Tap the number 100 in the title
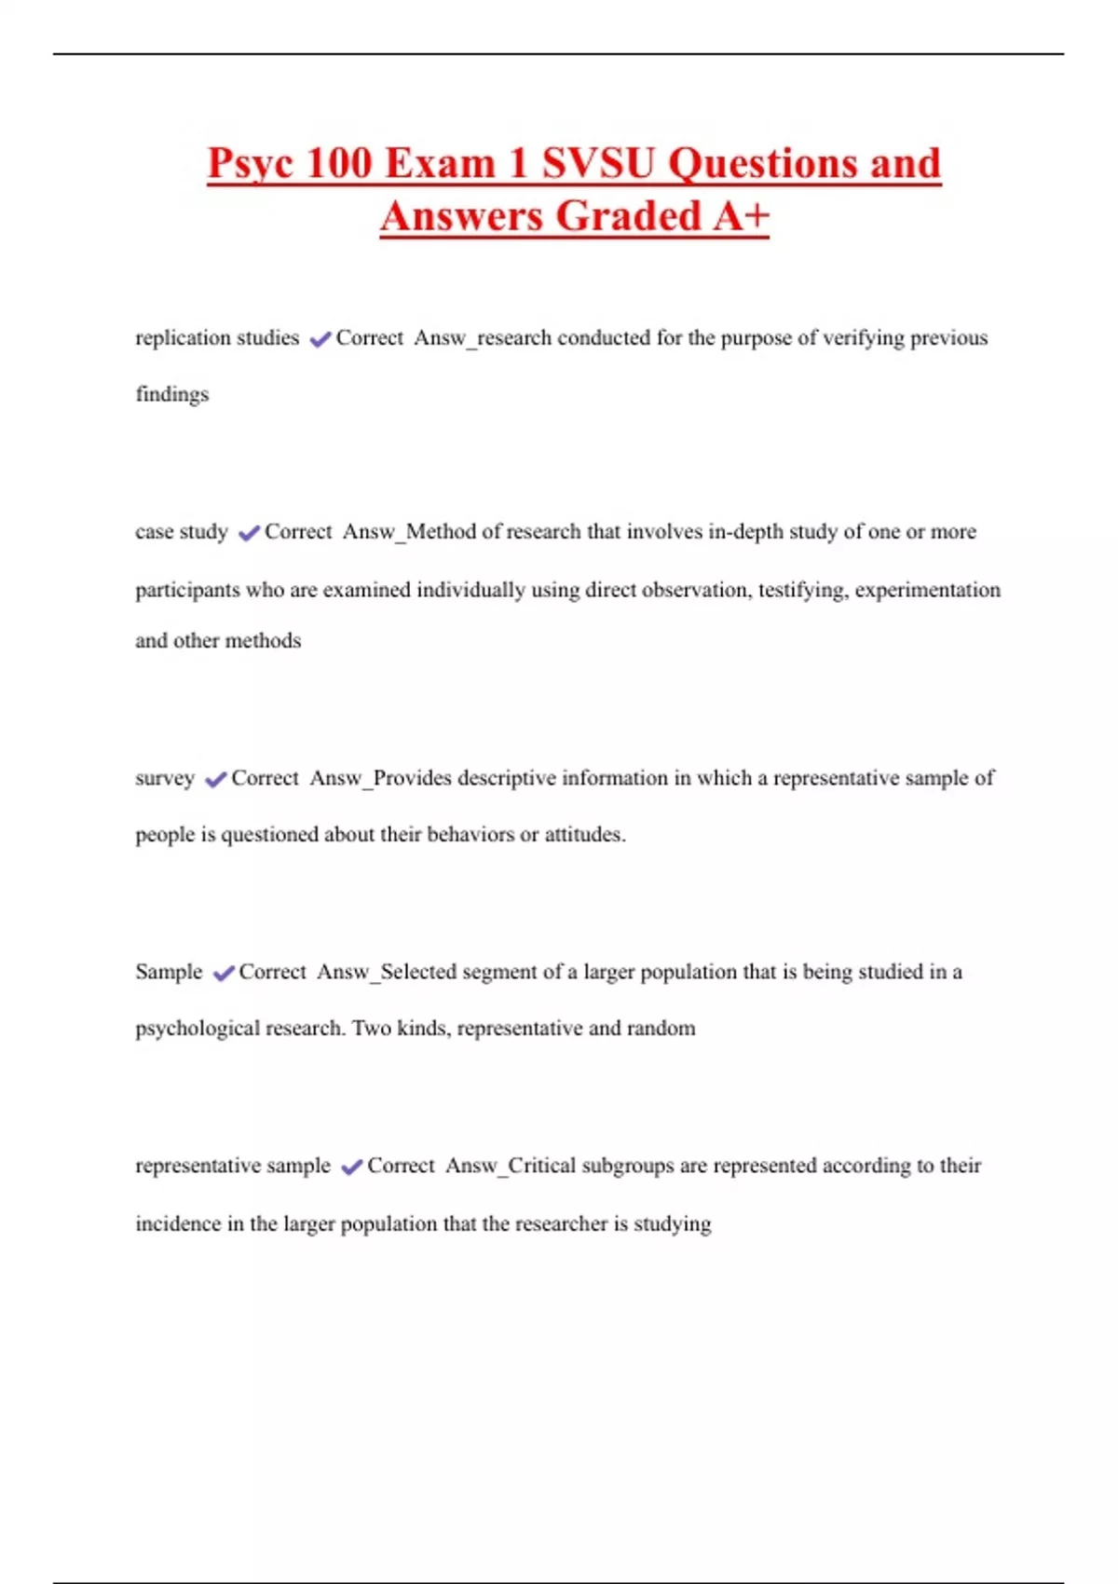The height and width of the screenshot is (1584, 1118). click(x=339, y=163)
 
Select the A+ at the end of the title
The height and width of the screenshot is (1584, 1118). click(x=742, y=216)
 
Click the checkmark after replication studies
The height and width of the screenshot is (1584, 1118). click(x=320, y=339)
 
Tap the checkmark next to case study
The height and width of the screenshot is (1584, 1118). click(x=249, y=533)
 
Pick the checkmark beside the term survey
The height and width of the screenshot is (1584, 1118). click(x=215, y=779)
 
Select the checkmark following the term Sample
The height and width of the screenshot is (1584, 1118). click(x=224, y=973)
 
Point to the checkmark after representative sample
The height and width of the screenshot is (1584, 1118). click(x=351, y=1167)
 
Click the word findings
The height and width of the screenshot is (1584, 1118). click(x=172, y=394)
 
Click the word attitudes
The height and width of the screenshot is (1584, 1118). click(x=584, y=834)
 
